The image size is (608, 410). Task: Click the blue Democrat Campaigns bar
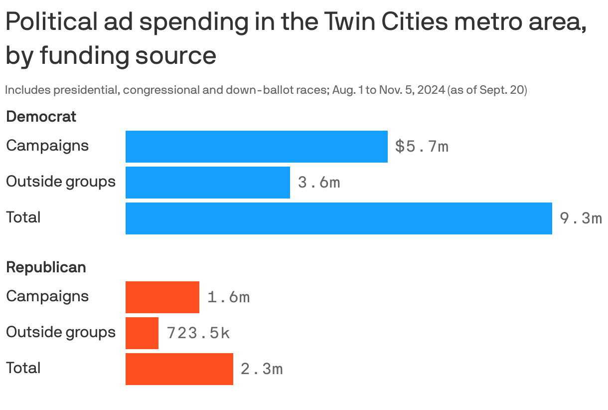256,147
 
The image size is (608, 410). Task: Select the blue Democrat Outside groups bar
207,183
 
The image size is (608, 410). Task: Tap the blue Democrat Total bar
338,218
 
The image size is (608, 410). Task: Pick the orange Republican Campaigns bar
162,297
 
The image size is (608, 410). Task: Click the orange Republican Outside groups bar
142,333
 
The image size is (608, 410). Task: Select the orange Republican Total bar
179,369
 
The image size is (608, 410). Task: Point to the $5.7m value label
422,147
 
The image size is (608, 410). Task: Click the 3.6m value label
319,183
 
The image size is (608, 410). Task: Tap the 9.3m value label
581,218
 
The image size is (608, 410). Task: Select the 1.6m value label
228,297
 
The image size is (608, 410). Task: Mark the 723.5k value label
198,333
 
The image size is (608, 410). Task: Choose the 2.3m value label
262,369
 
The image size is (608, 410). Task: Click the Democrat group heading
41,117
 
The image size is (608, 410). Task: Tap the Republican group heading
46,267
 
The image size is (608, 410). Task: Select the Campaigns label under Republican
47,296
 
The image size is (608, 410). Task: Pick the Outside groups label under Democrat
60,182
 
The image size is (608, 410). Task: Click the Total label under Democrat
23,217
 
